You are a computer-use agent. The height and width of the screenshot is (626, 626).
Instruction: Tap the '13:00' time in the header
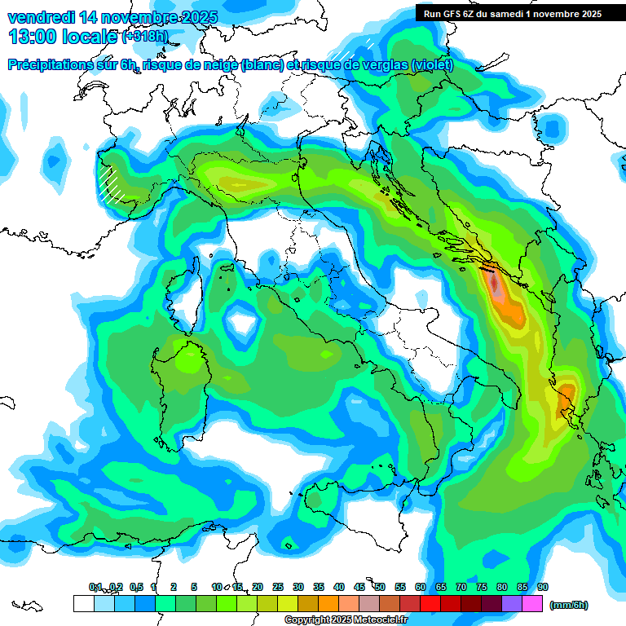pos(32,37)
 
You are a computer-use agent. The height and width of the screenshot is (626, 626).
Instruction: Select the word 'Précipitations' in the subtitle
pos(57,65)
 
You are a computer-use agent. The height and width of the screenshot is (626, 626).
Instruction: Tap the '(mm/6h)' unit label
pos(568,605)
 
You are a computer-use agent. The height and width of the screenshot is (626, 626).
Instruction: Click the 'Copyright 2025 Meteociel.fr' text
pos(346,620)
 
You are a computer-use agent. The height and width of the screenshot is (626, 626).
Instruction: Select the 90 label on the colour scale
pos(543,587)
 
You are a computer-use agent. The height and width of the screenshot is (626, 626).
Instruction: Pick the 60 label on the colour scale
pos(421,587)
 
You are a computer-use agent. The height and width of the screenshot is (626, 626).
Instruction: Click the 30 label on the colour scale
pos(298,587)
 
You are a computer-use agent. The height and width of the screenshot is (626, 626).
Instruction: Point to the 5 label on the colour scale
pos(194,587)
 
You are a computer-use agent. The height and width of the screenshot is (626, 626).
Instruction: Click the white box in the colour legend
pos(83,603)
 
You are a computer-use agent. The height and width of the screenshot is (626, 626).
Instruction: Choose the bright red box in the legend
pos(430,603)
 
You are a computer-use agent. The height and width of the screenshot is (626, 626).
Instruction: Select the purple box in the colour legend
pos(512,603)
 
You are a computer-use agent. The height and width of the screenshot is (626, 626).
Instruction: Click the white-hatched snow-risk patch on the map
pos(109,183)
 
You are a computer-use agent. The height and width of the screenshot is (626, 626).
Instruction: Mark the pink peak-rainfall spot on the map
pos(496,285)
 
